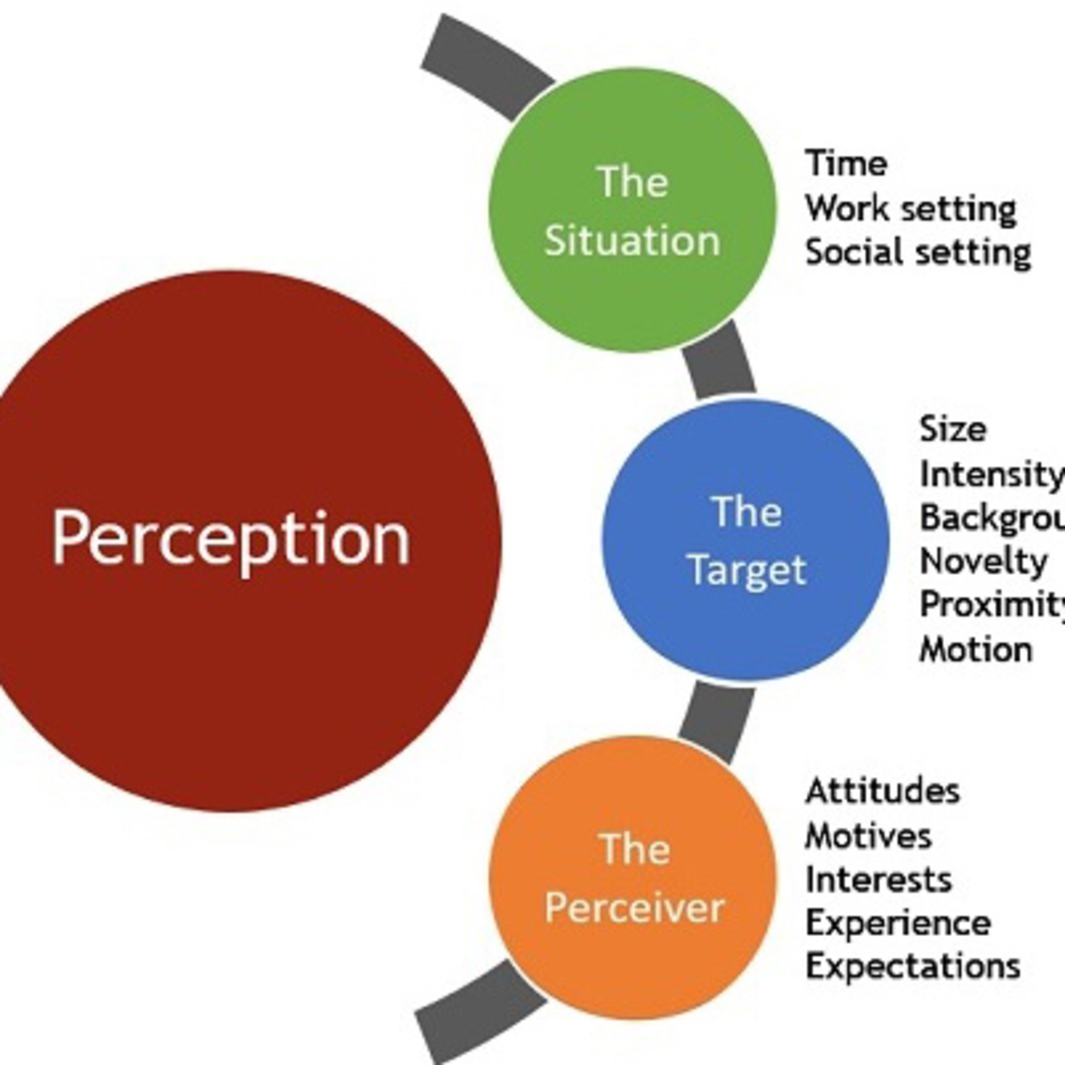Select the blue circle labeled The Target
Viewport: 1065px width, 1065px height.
point(745,540)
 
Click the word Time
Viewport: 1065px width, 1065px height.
point(846,163)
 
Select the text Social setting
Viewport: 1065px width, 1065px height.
point(918,252)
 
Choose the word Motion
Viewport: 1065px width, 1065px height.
point(976,649)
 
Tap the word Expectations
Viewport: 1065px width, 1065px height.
point(913,966)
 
